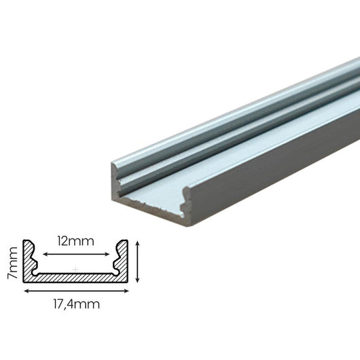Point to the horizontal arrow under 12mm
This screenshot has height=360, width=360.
click(75, 254)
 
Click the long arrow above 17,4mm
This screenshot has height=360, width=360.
click(76, 290)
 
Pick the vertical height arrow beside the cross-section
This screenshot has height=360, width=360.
click(138, 260)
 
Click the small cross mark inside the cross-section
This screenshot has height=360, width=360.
click(76, 270)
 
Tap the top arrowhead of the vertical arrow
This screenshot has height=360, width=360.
click(138, 242)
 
